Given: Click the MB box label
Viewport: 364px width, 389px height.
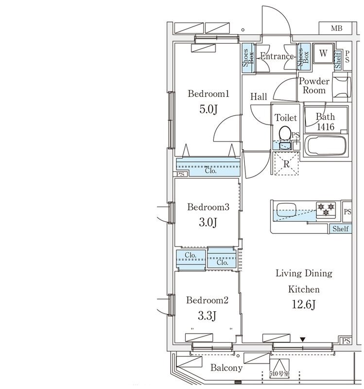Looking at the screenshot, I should (x=336, y=28).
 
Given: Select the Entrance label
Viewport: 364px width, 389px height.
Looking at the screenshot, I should (x=277, y=56).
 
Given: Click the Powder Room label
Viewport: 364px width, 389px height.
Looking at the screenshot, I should (x=313, y=86).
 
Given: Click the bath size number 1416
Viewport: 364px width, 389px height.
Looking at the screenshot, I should (x=325, y=127).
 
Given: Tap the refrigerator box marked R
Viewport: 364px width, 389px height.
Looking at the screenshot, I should (x=287, y=164).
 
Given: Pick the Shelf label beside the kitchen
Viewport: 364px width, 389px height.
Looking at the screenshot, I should (x=341, y=229).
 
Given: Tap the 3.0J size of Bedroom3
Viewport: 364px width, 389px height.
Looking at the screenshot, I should (x=208, y=223).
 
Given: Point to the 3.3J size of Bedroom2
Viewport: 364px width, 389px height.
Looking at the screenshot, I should (x=208, y=316).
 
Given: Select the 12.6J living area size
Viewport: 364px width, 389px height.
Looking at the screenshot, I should (x=304, y=305).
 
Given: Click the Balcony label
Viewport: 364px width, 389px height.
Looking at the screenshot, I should (x=226, y=368).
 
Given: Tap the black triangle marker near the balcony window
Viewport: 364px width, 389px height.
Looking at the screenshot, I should (x=303, y=339).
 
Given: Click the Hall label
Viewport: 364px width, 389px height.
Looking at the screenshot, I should (x=259, y=97).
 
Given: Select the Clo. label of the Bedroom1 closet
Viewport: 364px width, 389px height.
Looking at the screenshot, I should (x=210, y=171).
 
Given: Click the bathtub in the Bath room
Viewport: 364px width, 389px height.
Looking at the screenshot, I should (x=325, y=146).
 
